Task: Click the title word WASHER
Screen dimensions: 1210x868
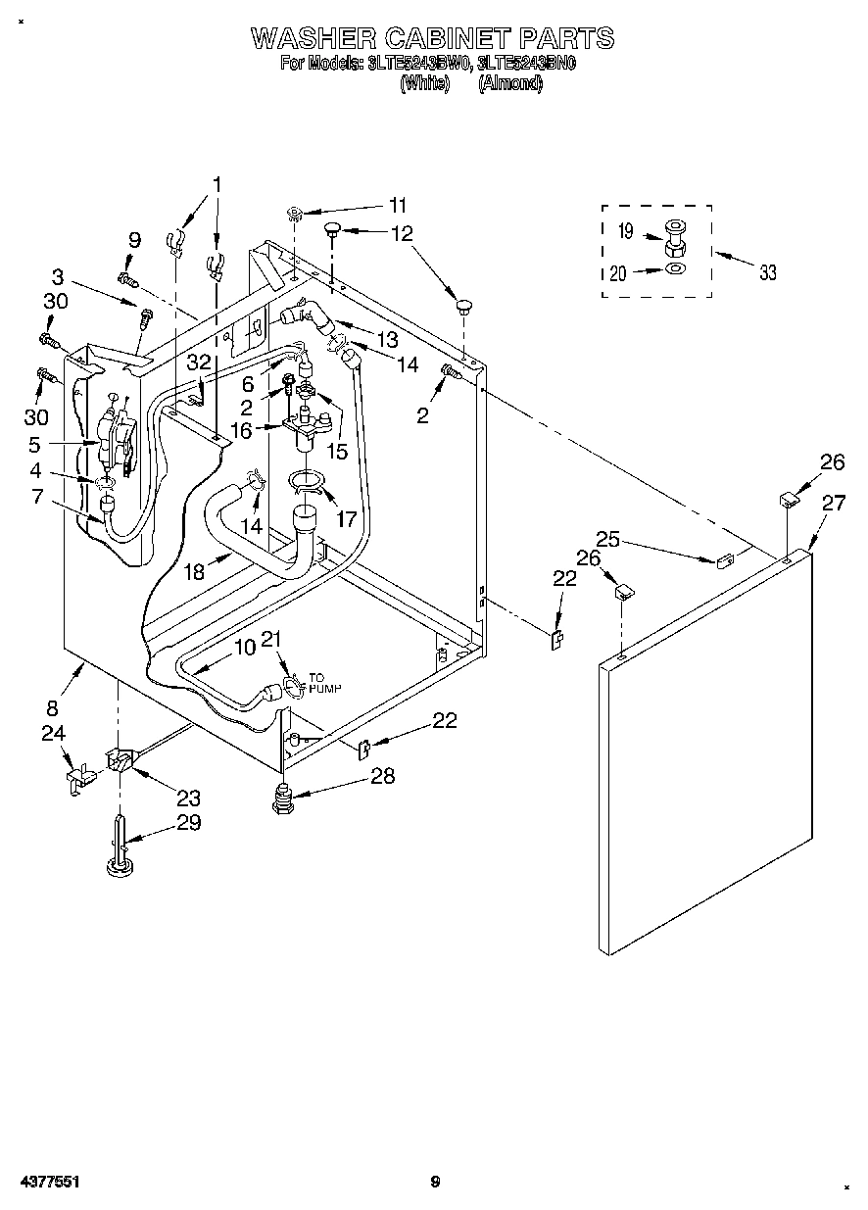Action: tap(313, 38)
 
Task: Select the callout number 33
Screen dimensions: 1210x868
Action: tap(767, 272)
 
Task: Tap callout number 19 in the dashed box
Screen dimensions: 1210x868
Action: tap(626, 233)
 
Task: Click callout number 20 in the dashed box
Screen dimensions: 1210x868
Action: tap(618, 274)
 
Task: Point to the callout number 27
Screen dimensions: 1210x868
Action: tap(834, 504)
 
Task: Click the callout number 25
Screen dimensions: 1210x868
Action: tap(608, 538)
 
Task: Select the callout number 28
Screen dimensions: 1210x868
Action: tap(382, 776)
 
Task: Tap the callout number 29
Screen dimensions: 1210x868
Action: tap(188, 823)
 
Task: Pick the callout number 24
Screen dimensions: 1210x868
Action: tap(53, 732)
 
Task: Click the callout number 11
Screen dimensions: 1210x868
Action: tap(397, 206)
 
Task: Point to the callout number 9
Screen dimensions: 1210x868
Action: tap(134, 240)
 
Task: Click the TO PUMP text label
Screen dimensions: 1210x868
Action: tap(324, 683)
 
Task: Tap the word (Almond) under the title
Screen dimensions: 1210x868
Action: tap(509, 83)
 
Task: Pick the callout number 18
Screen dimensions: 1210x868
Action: tap(194, 571)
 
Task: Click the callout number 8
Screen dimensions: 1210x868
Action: tap(52, 707)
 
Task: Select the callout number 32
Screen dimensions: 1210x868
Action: tap(199, 363)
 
